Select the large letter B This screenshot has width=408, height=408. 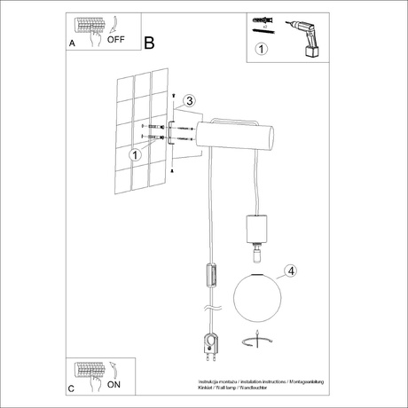coord(148,42)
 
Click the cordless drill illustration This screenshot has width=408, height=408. coord(304,38)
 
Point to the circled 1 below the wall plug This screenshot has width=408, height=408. coord(260,49)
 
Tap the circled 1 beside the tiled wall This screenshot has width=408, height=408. coord(136,154)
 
